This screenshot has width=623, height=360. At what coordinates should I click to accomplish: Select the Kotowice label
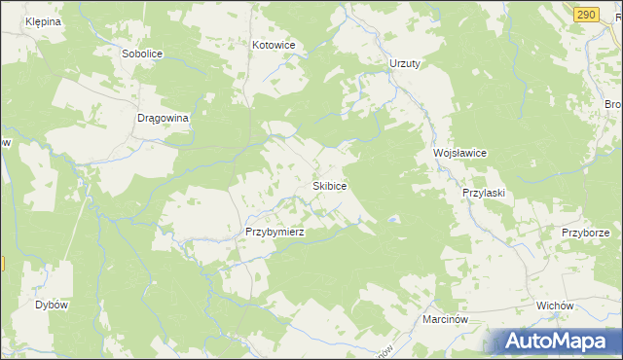[x=274, y=46]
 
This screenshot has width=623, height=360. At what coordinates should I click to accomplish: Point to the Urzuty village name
[x=404, y=63]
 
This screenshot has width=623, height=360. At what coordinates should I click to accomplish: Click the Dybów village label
[x=52, y=305]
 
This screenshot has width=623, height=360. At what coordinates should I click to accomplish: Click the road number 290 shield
[x=585, y=15]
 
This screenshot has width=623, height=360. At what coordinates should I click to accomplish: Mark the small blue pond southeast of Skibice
[x=391, y=221]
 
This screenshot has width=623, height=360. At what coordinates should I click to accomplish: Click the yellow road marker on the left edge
[x=2, y=264]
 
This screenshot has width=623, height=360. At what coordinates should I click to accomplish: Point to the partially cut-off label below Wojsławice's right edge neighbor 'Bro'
[x=613, y=104]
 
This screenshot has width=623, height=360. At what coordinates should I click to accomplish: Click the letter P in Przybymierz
[x=250, y=233]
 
